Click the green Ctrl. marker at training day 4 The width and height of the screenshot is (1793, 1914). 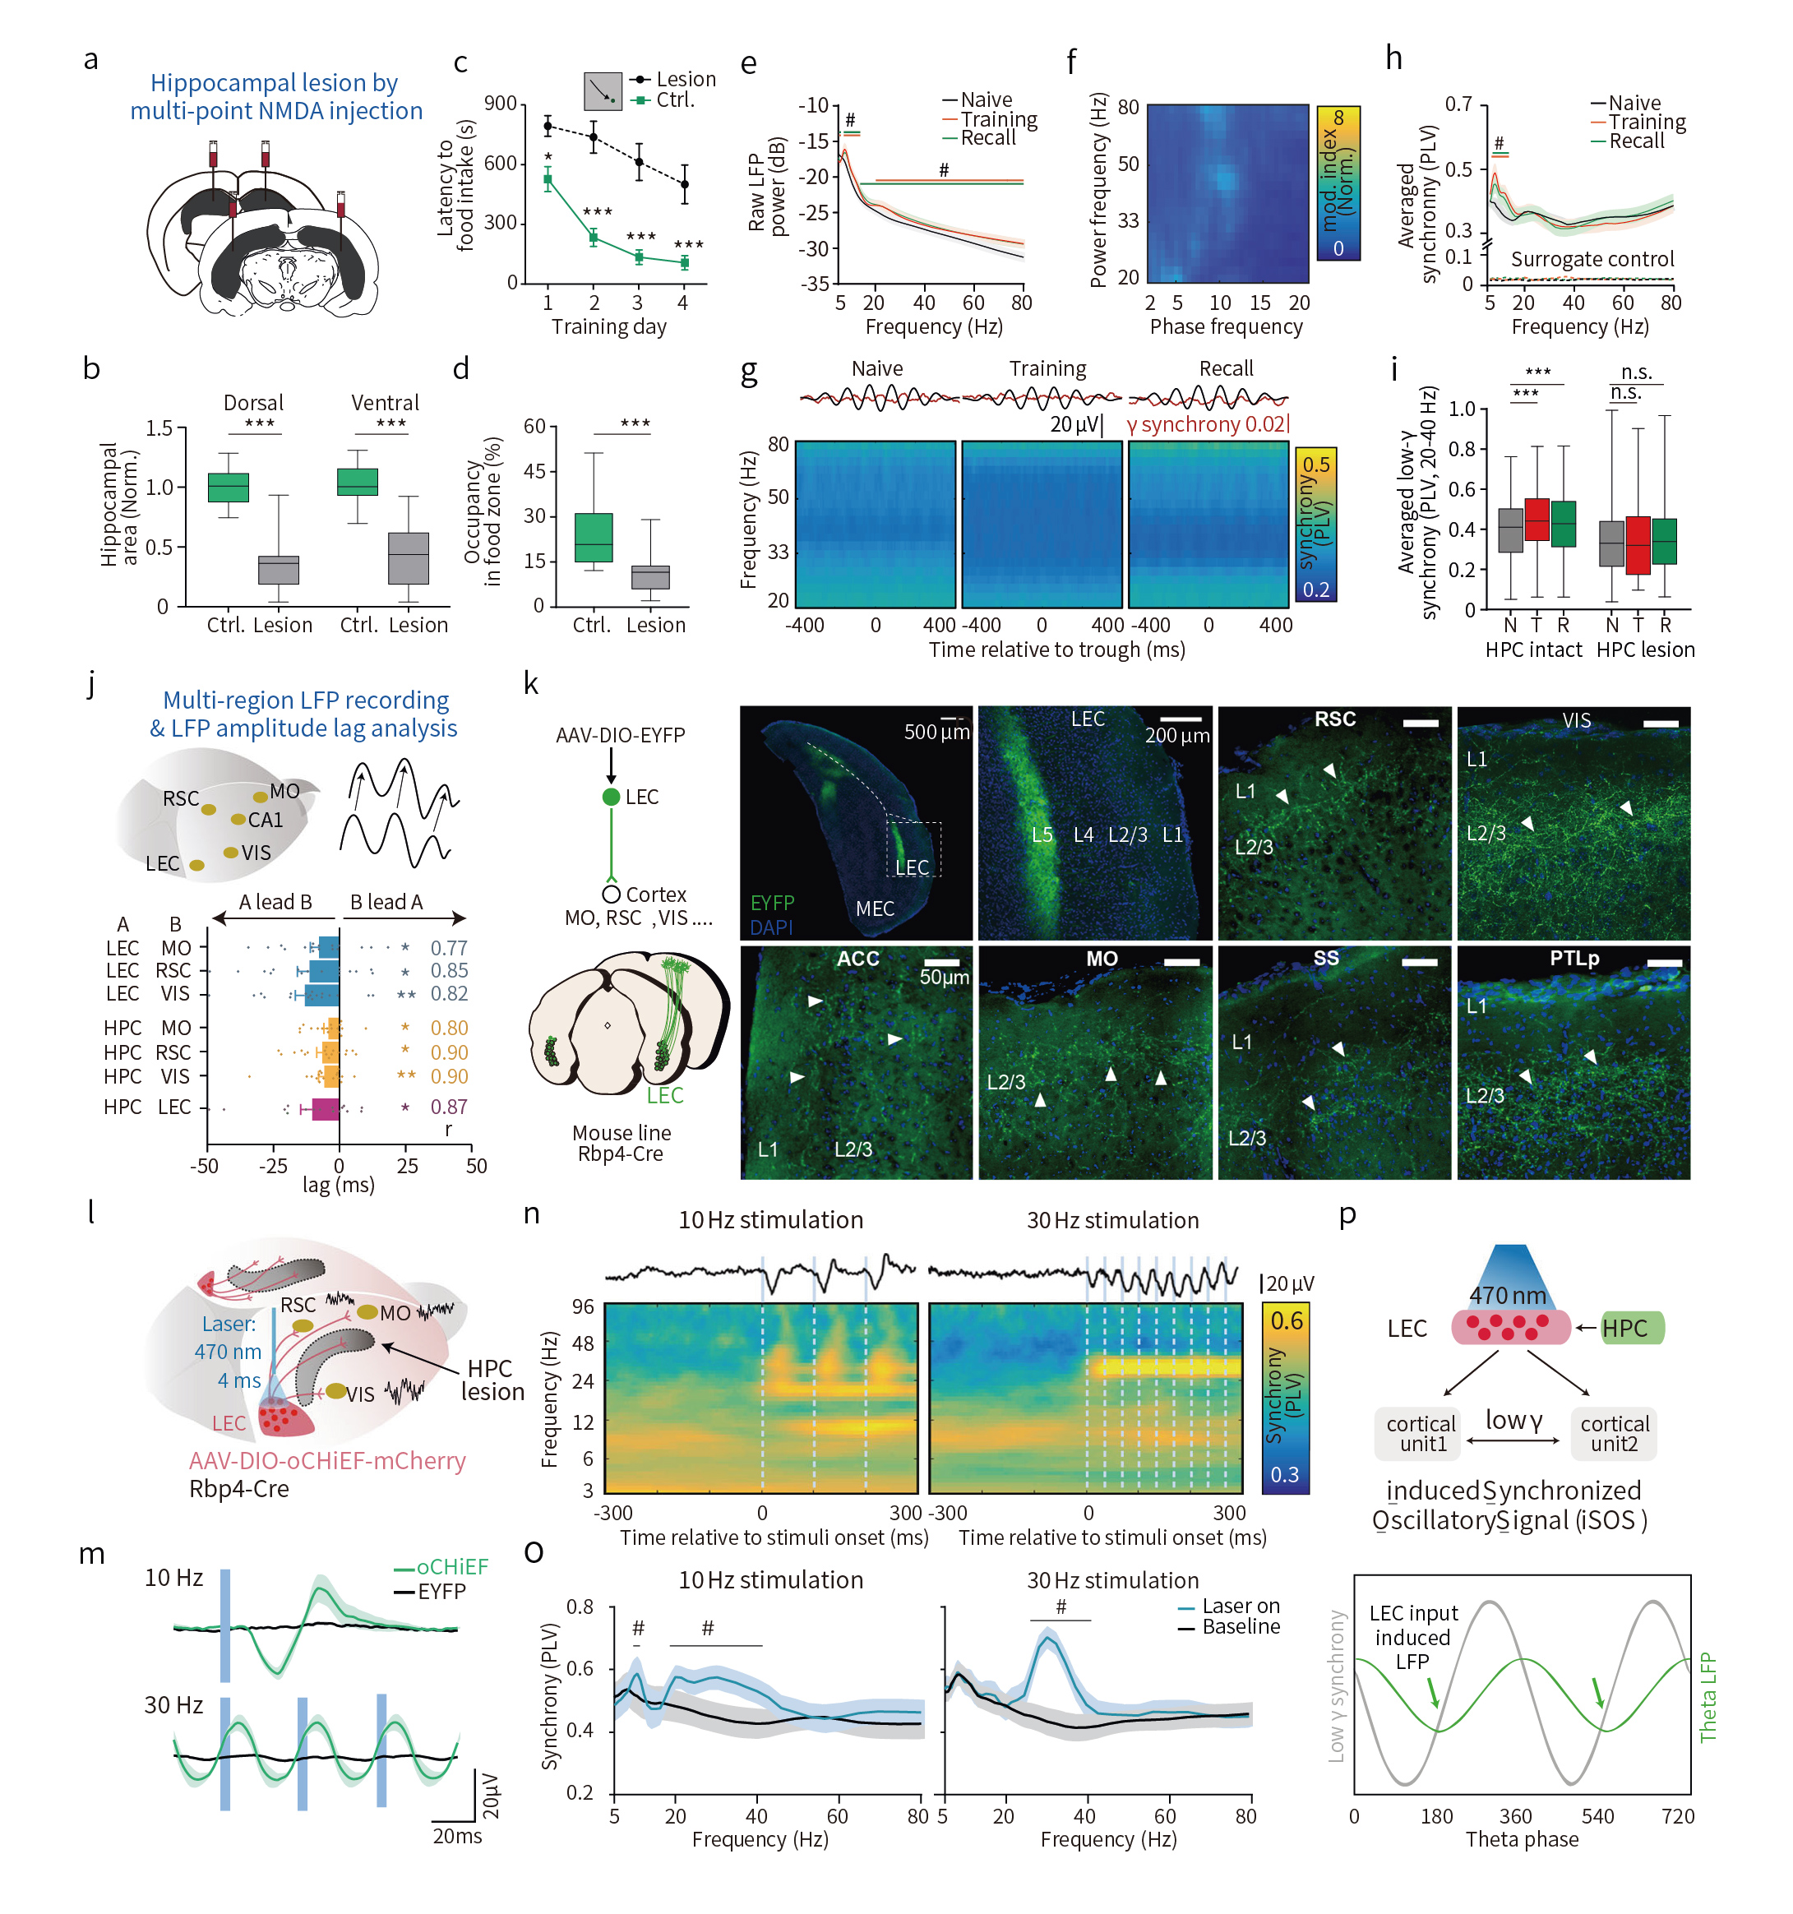point(684,262)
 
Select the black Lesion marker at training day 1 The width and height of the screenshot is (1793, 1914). point(548,126)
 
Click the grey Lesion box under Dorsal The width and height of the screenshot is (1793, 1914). point(279,570)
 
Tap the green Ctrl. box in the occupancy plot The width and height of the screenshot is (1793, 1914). point(594,537)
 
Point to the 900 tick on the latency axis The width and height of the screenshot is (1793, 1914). point(500,104)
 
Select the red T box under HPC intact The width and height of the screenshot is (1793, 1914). point(1536,520)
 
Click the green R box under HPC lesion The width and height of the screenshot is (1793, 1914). point(1664,541)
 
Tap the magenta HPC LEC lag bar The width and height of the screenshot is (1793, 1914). point(325,1108)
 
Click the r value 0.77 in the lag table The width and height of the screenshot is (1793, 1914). point(449,947)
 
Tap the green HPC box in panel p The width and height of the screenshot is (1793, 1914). point(1631,1328)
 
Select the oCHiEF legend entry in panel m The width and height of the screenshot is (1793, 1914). point(451,1567)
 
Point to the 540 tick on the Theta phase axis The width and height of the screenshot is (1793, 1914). point(1597,1817)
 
